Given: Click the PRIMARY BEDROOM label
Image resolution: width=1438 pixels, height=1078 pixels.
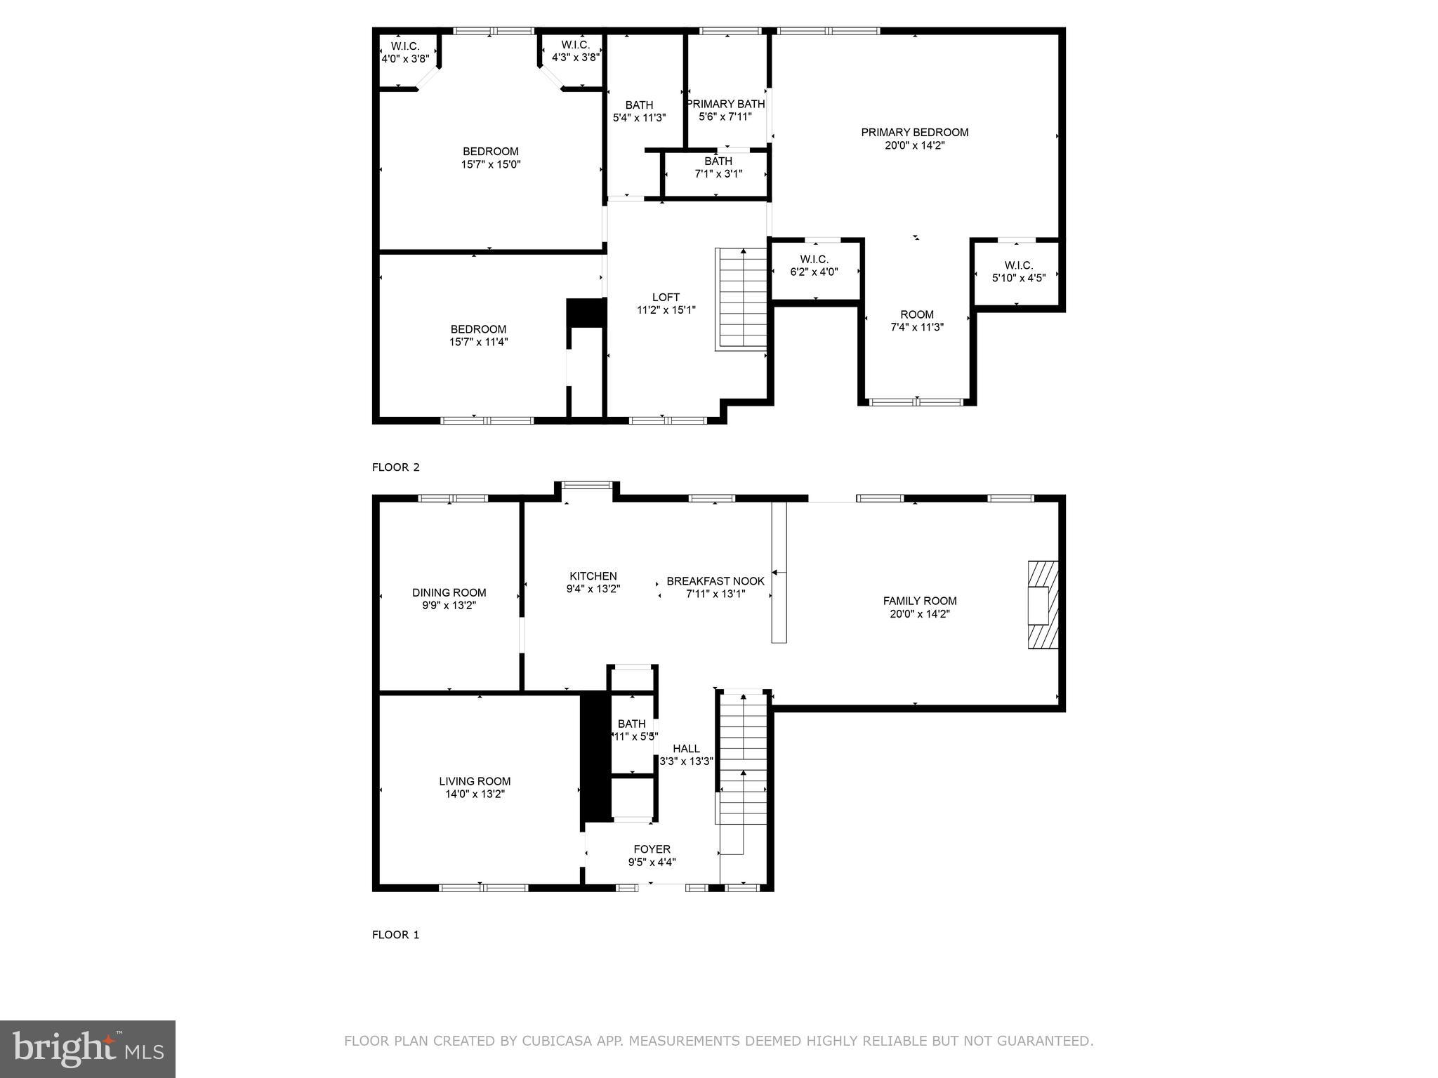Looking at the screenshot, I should [x=914, y=133].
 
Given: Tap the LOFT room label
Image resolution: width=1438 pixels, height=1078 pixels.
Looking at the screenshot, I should [x=666, y=298].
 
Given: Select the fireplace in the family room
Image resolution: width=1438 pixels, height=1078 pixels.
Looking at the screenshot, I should [x=1043, y=604].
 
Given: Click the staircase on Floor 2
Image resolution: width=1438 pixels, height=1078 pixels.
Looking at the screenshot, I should [x=741, y=298].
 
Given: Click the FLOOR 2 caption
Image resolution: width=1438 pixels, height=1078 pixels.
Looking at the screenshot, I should [x=395, y=467].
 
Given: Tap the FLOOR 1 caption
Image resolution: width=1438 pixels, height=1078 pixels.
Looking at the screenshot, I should [x=395, y=935].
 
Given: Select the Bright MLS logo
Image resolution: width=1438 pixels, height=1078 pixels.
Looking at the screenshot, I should [x=88, y=1049].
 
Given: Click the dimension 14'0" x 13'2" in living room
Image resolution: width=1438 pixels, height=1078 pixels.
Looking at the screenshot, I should [x=475, y=794].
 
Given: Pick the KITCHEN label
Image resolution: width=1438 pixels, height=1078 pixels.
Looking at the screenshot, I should [x=593, y=576].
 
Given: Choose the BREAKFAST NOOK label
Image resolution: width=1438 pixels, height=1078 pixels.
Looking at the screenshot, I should [x=715, y=581].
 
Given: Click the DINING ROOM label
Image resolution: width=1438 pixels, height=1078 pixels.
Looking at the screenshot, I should [x=449, y=593].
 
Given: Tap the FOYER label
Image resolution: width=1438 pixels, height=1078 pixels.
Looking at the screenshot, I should [x=652, y=849].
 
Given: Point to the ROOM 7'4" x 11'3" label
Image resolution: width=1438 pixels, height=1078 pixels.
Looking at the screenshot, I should [x=916, y=314].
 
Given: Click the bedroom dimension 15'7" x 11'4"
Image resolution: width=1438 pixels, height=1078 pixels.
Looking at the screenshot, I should [x=478, y=342].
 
